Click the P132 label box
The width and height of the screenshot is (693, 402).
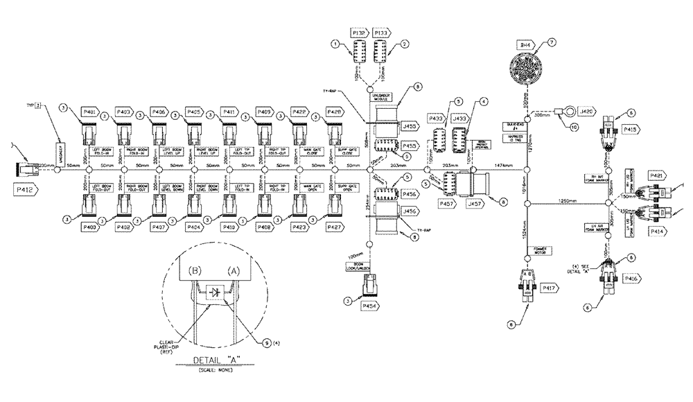[x=359, y=33]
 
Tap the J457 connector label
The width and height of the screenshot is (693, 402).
[x=476, y=205]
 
